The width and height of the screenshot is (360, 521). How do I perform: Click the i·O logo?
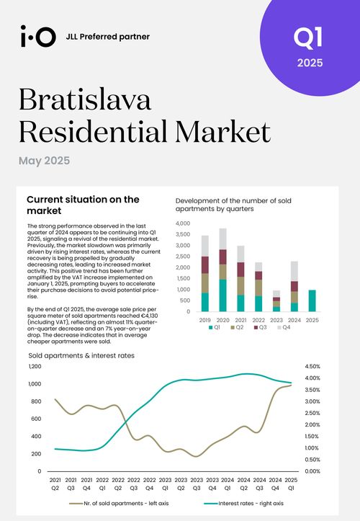point(38,36)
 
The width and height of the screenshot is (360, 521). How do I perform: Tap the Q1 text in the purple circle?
point(308,37)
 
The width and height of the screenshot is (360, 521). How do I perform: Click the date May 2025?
point(44,161)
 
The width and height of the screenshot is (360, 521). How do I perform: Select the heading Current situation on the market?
point(83,205)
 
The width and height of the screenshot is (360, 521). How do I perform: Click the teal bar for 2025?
point(312,300)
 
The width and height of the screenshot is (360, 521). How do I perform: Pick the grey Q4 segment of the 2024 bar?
point(294,272)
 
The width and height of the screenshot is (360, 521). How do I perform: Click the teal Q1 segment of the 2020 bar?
point(223,295)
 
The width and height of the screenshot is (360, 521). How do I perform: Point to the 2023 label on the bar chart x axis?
point(276,320)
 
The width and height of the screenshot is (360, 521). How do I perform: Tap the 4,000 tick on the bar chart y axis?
point(183,223)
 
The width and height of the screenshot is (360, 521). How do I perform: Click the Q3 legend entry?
point(260,327)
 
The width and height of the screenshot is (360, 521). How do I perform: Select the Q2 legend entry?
point(237,327)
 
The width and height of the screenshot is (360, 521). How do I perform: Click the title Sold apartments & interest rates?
point(81,355)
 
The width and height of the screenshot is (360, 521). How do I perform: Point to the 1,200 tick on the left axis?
point(35,367)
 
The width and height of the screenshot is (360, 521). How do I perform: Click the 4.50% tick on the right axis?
point(312,367)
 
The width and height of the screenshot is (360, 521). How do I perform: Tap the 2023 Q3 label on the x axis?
point(197,484)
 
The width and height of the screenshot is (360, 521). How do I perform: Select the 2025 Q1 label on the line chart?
point(292,484)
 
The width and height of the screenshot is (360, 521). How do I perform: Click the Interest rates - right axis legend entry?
point(244,504)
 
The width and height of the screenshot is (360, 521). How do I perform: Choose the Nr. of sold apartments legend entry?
point(119,504)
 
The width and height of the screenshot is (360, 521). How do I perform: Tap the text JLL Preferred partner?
point(108,37)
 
